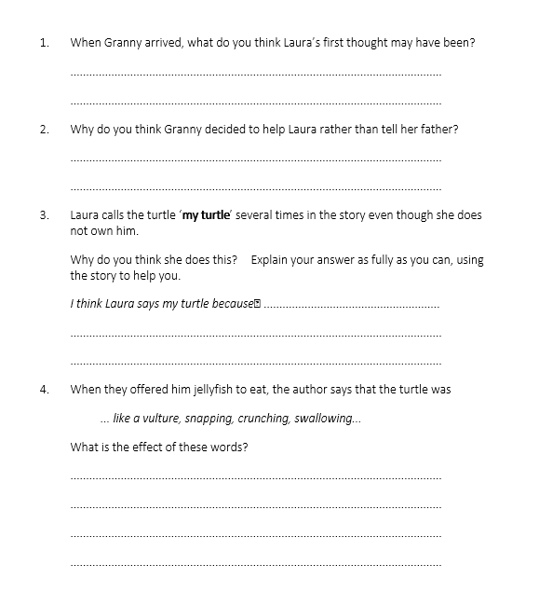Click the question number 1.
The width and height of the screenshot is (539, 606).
[x=43, y=43]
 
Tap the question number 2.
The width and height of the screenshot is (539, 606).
[x=43, y=130]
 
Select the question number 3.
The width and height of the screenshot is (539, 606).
[x=43, y=215]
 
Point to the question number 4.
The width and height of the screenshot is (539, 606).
[x=43, y=389]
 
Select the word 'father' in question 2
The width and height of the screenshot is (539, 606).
[x=437, y=130]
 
